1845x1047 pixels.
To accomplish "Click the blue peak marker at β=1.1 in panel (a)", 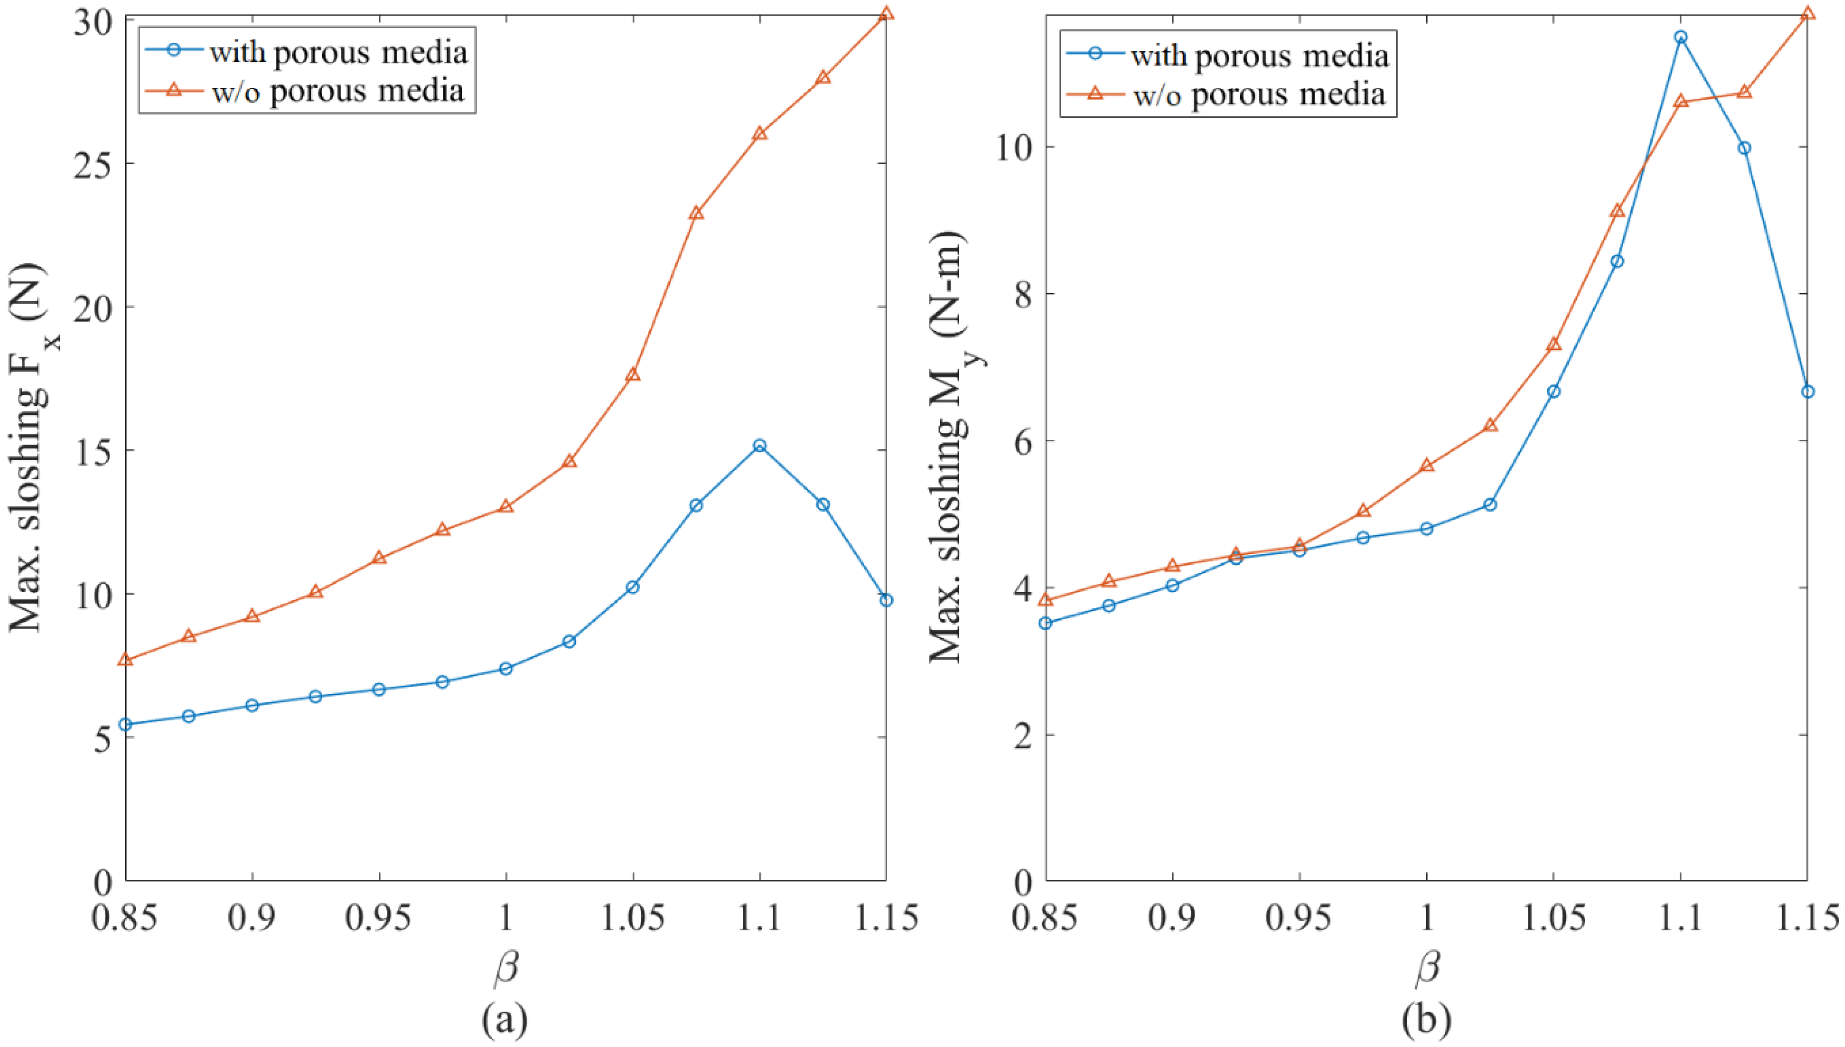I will pyautogui.click(x=759, y=446).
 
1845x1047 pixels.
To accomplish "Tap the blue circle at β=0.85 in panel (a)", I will pyautogui.click(x=125, y=724).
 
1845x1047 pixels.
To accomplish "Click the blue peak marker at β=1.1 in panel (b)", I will pyautogui.click(x=1680, y=37).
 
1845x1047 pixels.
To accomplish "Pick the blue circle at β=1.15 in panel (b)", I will pyautogui.click(x=1807, y=391).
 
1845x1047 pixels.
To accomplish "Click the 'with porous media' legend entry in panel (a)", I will pyautogui.click(x=338, y=52).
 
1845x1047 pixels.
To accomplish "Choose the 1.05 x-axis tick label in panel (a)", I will pyautogui.click(x=633, y=918).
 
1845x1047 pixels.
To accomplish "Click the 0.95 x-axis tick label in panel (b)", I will pyautogui.click(x=1299, y=918).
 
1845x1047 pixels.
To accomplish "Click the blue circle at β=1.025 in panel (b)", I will pyautogui.click(x=1490, y=505).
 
